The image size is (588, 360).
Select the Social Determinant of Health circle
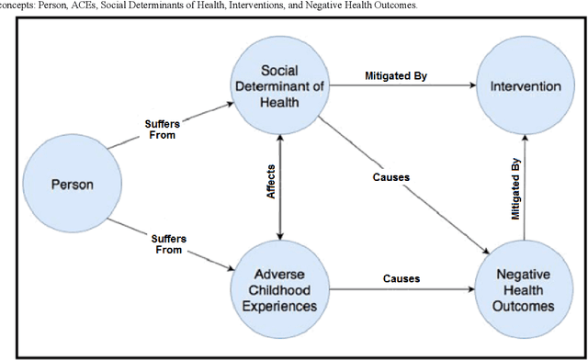pos(279,86)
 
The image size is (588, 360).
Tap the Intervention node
pos(526,86)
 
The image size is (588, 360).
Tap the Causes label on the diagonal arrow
pos(391,175)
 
